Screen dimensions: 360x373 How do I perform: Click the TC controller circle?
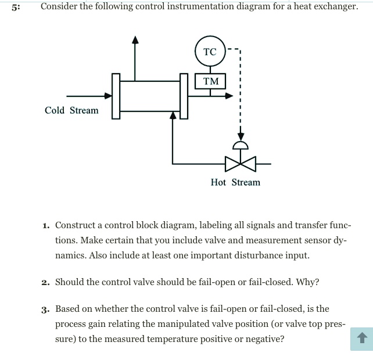[210, 52]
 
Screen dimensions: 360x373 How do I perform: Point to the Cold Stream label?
[71, 110]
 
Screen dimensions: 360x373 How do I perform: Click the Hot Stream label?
[235, 182]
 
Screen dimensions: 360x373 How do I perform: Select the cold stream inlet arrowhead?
[107, 96]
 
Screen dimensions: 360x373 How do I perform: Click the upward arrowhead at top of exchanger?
[135, 39]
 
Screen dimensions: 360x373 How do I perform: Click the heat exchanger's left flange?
[116, 96]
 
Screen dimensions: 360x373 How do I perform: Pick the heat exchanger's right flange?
[184, 96]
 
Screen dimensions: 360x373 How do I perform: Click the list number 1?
[45, 225]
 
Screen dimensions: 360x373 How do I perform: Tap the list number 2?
[45, 283]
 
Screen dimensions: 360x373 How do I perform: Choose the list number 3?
[45, 309]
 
